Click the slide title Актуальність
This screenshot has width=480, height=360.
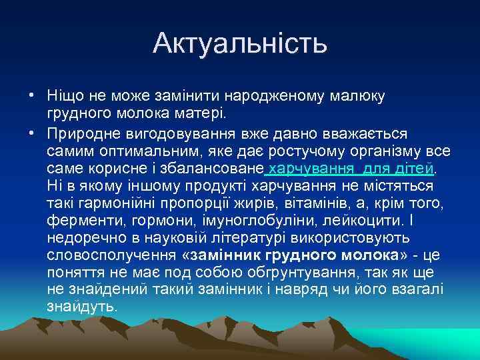point(240,43)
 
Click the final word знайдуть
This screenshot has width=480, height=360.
point(82,307)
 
